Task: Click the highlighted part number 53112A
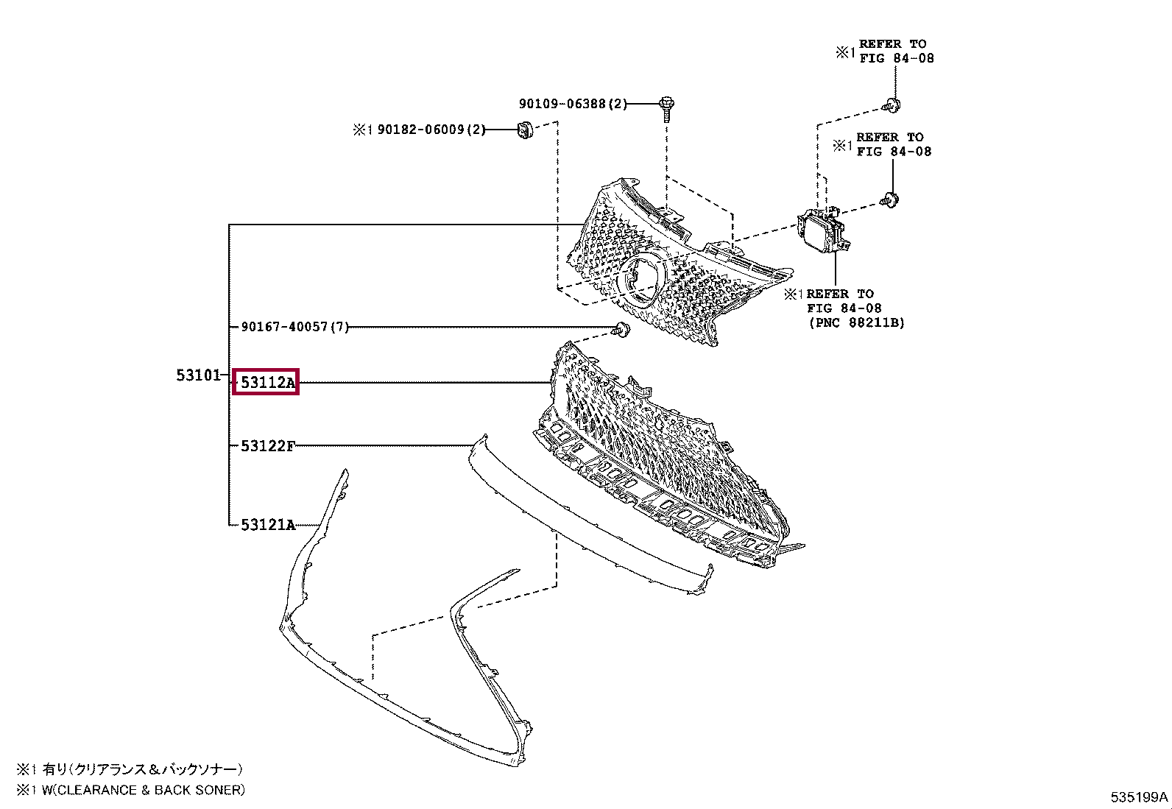tap(266, 382)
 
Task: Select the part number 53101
tap(198, 375)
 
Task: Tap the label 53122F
tap(268, 445)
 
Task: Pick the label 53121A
tap(268, 525)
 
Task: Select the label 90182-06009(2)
tap(431, 130)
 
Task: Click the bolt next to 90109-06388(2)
tap(667, 107)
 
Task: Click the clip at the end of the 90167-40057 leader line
tap(622, 330)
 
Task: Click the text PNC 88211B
tap(856, 322)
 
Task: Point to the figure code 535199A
tap(1139, 796)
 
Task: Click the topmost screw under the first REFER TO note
tap(892, 106)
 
